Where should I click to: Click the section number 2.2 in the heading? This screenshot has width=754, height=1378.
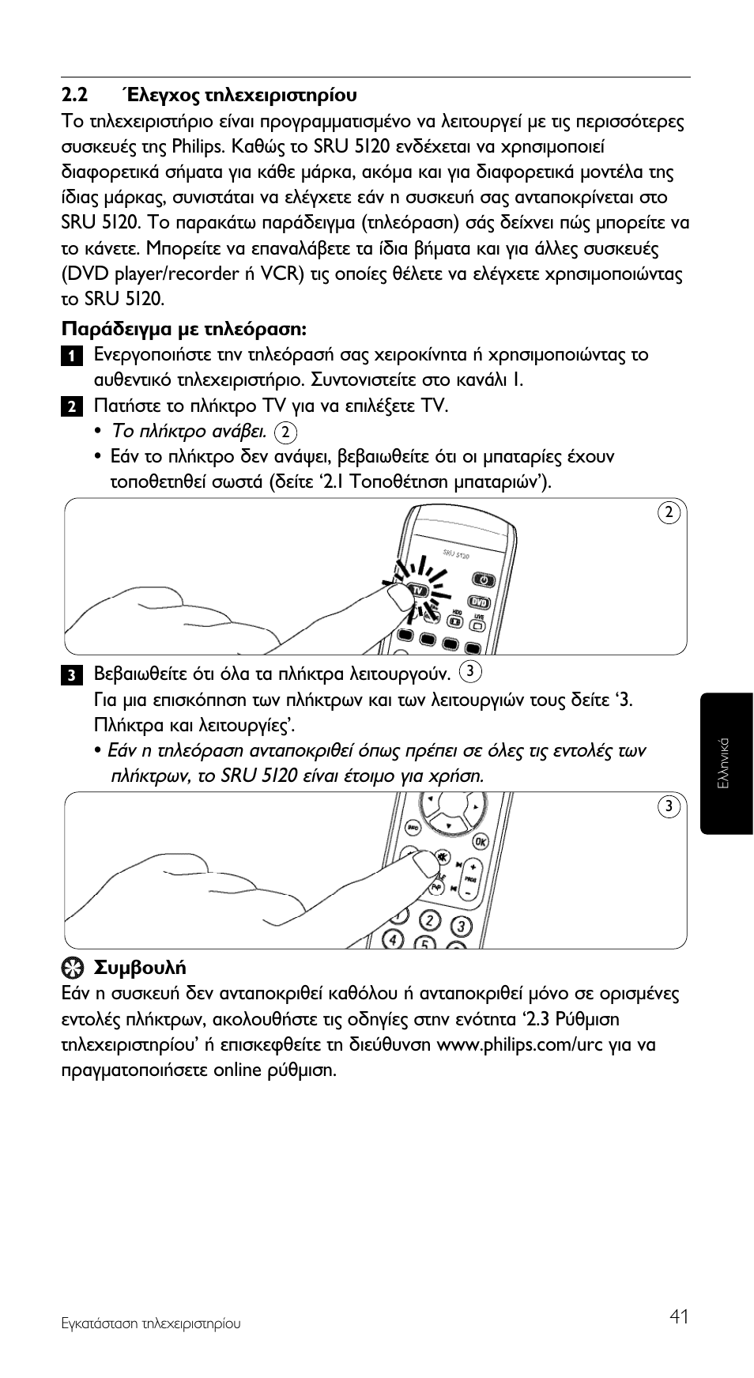(x=74, y=96)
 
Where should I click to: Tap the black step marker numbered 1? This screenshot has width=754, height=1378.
(x=71, y=356)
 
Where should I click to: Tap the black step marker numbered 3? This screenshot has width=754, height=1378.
(x=71, y=675)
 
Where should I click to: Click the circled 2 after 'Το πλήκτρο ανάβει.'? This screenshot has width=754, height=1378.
(x=286, y=432)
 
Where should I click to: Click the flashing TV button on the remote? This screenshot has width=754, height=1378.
(x=417, y=591)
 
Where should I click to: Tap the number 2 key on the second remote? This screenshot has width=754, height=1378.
(x=429, y=921)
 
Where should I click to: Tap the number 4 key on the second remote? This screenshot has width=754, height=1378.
(x=393, y=938)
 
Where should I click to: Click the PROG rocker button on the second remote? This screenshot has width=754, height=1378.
(x=471, y=879)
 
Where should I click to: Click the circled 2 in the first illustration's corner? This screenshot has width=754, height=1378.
(x=669, y=512)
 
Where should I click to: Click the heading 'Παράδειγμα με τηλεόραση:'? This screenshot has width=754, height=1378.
(x=184, y=328)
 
